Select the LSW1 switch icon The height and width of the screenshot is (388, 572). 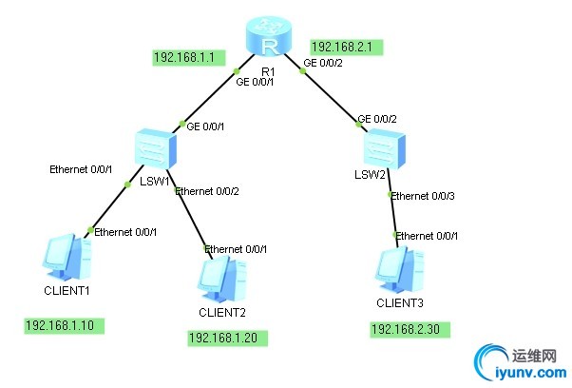(155, 148)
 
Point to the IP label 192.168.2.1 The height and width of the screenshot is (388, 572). (346, 46)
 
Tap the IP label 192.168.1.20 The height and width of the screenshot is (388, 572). (229, 338)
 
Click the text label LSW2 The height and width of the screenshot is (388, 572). (369, 176)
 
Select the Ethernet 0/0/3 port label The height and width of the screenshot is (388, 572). (423, 195)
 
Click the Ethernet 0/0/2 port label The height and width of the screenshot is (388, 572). (206, 190)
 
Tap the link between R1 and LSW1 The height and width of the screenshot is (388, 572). (209, 95)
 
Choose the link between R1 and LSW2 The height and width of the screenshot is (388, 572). (333, 90)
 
